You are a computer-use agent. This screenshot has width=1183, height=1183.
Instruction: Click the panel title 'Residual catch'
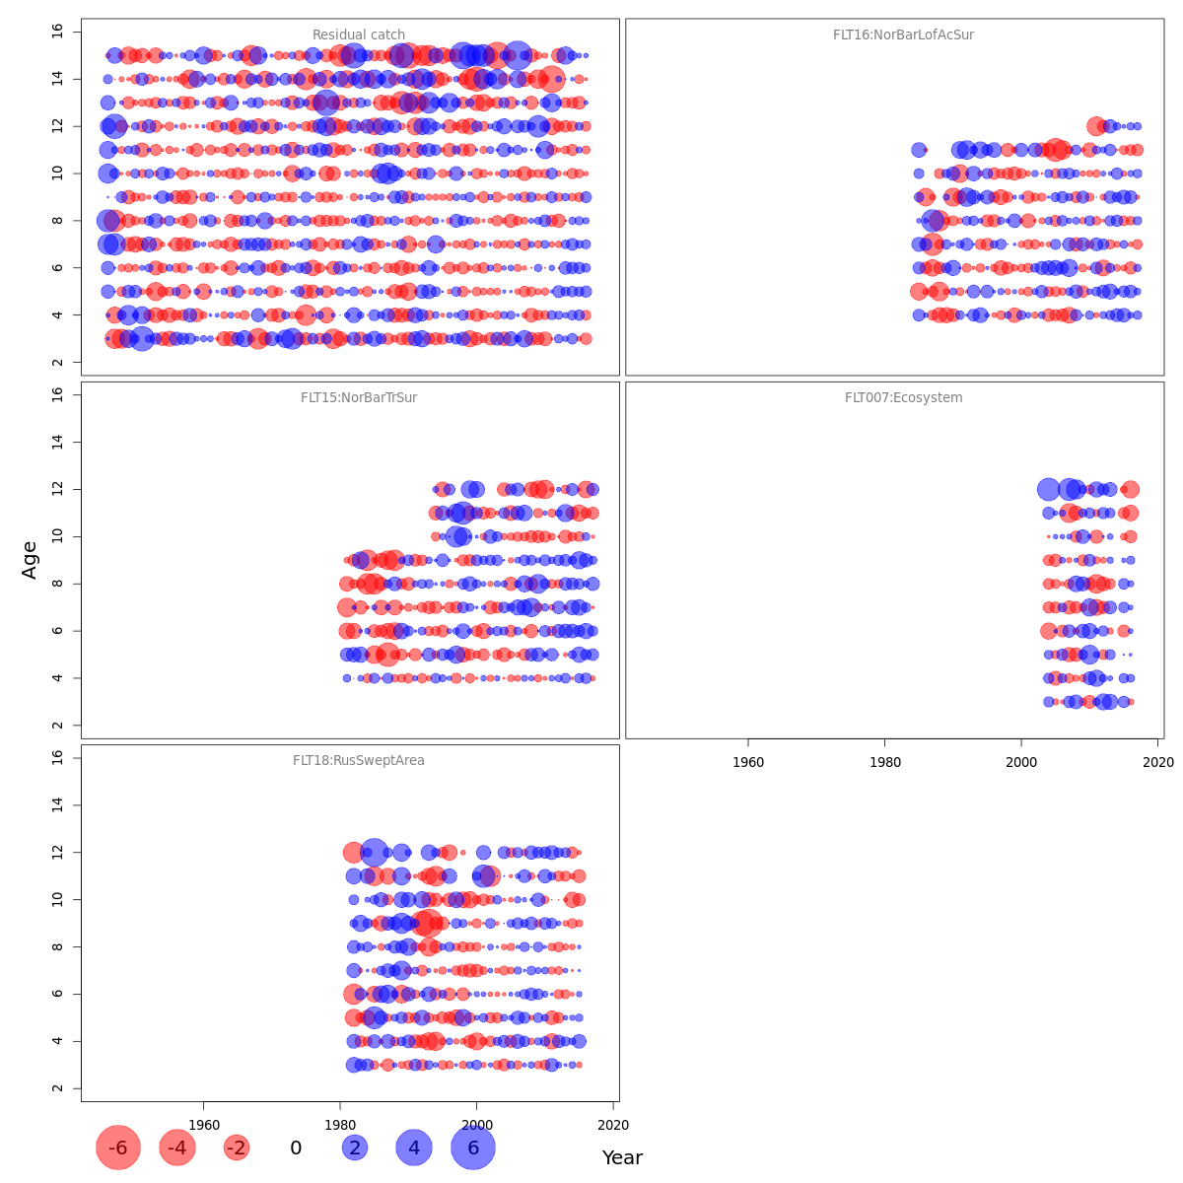[359, 35]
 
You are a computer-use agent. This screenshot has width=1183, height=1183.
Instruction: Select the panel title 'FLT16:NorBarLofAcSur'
[903, 35]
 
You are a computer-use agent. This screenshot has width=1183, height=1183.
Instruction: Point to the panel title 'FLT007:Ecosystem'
[903, 398]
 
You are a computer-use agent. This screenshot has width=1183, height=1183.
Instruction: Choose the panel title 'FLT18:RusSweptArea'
[359, 761]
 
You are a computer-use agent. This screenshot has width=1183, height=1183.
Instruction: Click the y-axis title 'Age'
[30, 560]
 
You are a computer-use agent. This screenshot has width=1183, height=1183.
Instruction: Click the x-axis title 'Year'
[622, 1158]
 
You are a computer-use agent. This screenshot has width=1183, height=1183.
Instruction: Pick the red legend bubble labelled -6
[118, 1148]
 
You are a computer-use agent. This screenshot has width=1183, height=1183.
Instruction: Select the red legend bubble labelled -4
[177, 1148]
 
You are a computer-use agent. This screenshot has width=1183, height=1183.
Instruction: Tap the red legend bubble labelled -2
[237, 1148]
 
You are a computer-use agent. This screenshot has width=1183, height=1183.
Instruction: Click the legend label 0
[296, 1148]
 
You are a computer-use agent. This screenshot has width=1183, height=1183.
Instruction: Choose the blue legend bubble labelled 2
[355, 1148]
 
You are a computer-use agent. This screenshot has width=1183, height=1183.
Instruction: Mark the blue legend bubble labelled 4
[414, 1148]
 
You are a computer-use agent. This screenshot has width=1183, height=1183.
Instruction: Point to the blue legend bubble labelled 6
[473, 1148]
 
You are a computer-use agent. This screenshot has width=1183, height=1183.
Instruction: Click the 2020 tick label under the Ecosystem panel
[1157, 762]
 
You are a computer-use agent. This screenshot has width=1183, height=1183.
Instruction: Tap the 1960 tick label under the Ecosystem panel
[748, 762]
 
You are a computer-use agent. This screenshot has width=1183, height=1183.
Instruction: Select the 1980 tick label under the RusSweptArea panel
[340, 1125]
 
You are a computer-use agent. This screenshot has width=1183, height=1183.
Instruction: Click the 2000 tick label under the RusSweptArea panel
[477, 1125]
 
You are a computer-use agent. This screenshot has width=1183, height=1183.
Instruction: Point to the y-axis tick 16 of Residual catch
[57, 31]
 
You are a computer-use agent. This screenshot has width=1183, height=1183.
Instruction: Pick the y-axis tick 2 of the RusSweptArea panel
[57, 1088]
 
